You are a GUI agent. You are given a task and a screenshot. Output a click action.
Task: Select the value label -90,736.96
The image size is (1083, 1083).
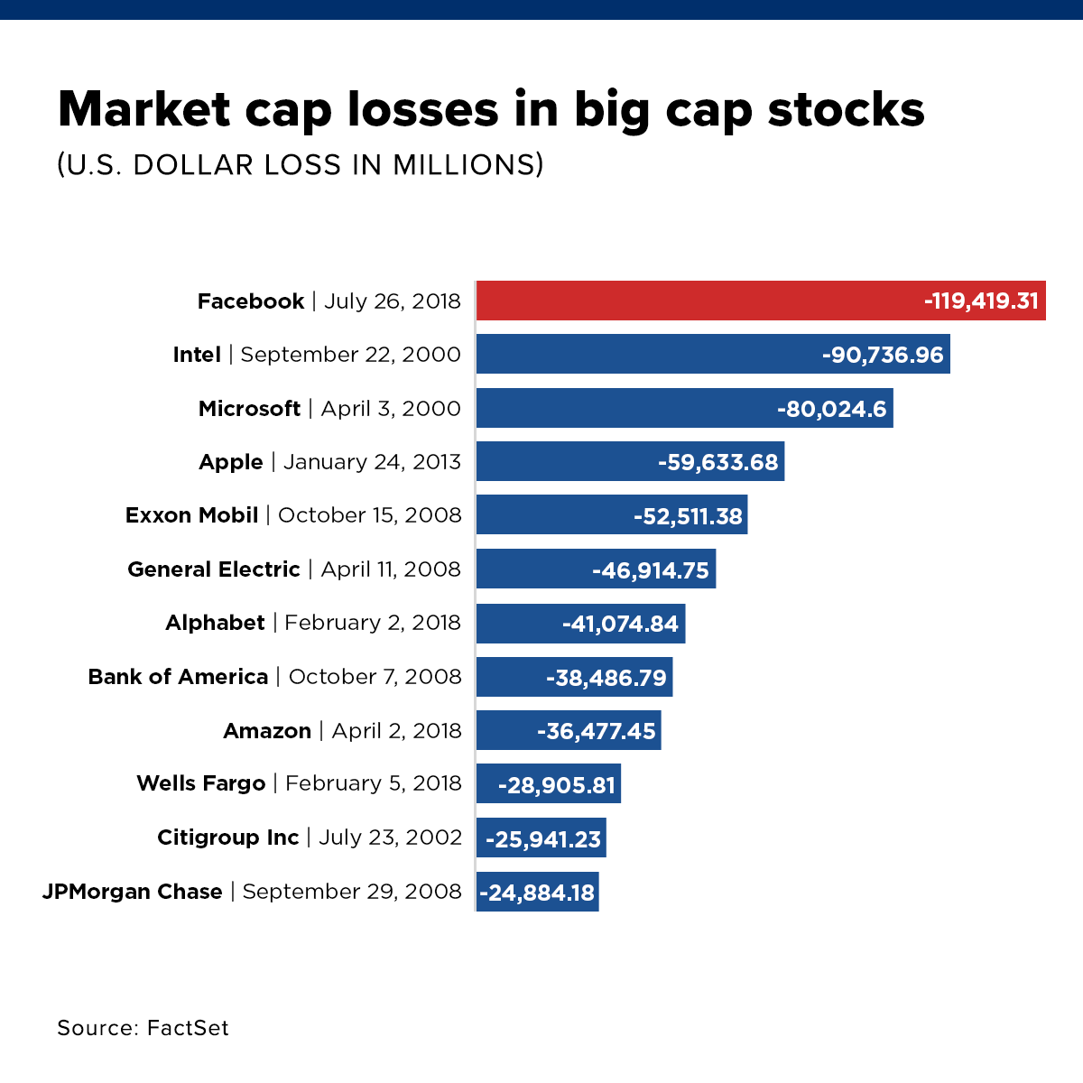[882, 355]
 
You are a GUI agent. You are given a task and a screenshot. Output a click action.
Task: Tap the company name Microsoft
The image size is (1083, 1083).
[249, 409]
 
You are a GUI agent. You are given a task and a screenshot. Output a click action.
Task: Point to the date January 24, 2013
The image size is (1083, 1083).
[372, 462]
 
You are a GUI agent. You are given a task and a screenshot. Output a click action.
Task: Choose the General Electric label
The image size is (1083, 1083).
[214, 569]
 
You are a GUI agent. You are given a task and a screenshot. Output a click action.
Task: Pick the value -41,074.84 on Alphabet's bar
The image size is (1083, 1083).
[620, 624]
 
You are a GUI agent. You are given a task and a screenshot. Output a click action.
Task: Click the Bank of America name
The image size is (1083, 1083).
[178, 677]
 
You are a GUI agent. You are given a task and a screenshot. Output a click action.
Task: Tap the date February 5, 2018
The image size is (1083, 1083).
[373, 783]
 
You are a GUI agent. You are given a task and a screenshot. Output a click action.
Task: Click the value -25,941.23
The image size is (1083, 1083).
[543, 839]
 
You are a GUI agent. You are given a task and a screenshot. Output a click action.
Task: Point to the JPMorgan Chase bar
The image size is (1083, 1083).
[537, 893]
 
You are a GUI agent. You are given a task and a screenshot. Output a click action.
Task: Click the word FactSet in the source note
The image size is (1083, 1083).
[188, 1028]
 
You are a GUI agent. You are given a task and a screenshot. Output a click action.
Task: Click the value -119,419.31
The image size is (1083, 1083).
[981, 301]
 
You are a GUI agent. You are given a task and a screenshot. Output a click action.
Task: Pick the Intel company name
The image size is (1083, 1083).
[197, 355]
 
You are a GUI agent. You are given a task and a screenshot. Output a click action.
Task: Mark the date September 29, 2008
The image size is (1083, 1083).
[352, 892]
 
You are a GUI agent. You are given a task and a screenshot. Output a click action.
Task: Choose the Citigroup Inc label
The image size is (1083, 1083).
[227, 838]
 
